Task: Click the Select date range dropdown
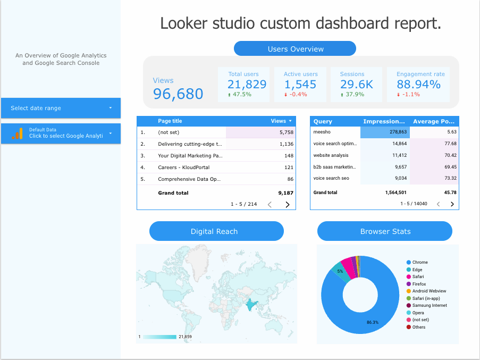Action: coord(61,108)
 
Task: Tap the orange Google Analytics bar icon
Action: coord(18,133)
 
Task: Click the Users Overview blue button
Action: coord(295,49)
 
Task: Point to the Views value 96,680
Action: coord(178,94)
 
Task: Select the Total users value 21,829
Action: coord(247,84)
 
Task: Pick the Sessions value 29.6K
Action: coord(356,84)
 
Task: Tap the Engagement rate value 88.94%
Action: coord(418,84)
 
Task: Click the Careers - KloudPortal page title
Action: coord(183,168)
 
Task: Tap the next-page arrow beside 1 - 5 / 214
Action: coord(287,204)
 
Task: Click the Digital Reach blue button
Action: coord(216,231)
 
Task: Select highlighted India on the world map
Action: coord(249,305)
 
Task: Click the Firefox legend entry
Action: coord(419,284)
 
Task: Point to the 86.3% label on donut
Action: coord(372,322)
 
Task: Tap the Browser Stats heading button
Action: coord(385,231)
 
